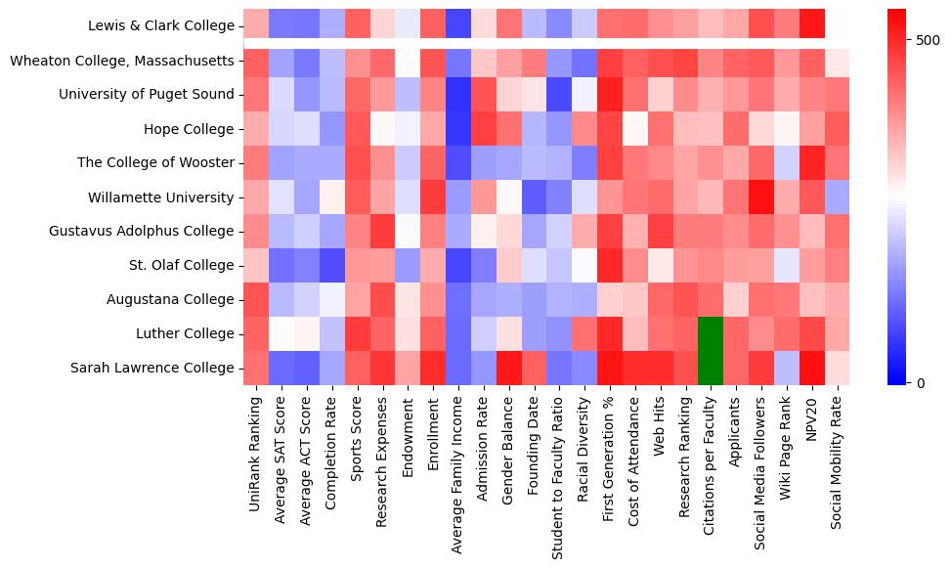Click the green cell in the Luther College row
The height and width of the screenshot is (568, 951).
click(711, 333)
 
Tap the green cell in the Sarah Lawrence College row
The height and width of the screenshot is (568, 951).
click(711, 368)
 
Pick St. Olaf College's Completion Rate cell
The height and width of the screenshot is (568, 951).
click(332, 265)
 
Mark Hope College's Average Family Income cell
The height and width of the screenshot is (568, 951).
click(458, 129)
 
